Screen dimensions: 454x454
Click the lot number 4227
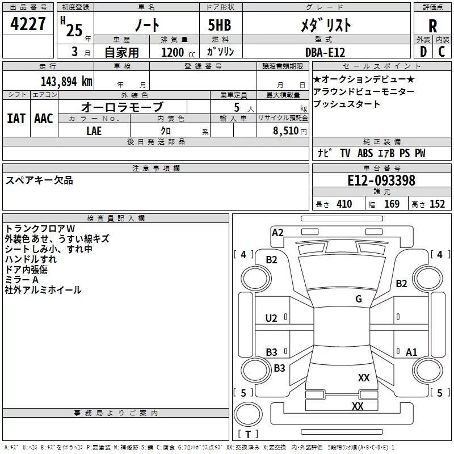tap(28, 24)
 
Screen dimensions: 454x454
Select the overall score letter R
tap(432, 25)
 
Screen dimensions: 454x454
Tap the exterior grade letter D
tap(423, 51)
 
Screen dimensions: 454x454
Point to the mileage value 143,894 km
tap(66, 81)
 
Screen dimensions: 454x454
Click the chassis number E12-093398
tap(381, 181)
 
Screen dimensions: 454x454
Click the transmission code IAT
tap(16, 118)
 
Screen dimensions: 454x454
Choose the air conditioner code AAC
tap(43, 118)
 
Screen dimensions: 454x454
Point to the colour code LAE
tap(94, 131)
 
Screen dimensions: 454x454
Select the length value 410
tap(344, 204)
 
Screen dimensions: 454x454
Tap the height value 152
tap(437, 204)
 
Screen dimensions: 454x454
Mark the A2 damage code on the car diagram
tap(278, 232)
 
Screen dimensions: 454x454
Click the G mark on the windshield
tap(359, 299)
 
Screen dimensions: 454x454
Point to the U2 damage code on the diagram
tap(271, 318)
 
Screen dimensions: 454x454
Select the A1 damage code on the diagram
tap(411, 352)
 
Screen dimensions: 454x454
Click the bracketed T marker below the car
tap(248, 435)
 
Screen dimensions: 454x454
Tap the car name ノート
tap(146, 25)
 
